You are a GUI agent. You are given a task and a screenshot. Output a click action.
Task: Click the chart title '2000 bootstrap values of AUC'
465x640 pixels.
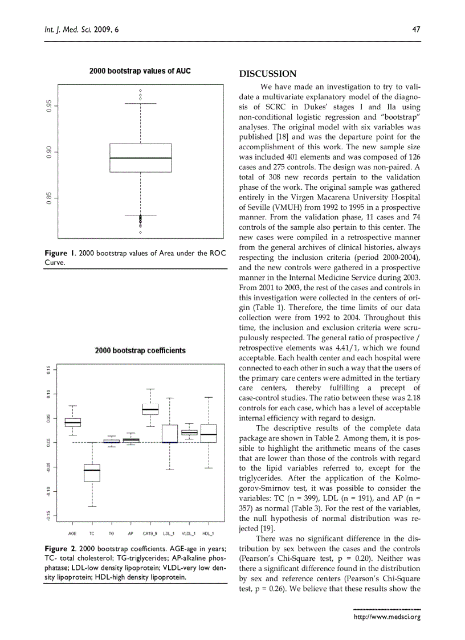140,71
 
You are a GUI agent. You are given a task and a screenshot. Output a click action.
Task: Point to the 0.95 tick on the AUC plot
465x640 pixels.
50,105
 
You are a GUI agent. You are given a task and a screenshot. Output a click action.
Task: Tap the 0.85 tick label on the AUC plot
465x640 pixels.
50,198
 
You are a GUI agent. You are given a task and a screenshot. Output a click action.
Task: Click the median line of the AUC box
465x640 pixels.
140,158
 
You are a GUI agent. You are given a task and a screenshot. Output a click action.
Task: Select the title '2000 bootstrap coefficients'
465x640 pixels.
140,350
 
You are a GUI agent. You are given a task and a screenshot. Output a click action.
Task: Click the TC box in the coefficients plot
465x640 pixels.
92,472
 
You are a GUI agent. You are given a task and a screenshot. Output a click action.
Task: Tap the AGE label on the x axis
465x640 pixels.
72,533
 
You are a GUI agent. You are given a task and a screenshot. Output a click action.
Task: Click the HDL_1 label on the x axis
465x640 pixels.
209,533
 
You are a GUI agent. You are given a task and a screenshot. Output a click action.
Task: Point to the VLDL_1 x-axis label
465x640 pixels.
189,533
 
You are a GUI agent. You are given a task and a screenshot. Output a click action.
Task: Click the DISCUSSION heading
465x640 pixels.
267,74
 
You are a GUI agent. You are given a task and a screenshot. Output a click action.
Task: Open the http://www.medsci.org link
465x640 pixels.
387,616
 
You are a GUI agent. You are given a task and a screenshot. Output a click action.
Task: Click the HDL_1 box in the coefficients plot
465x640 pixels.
209,433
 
